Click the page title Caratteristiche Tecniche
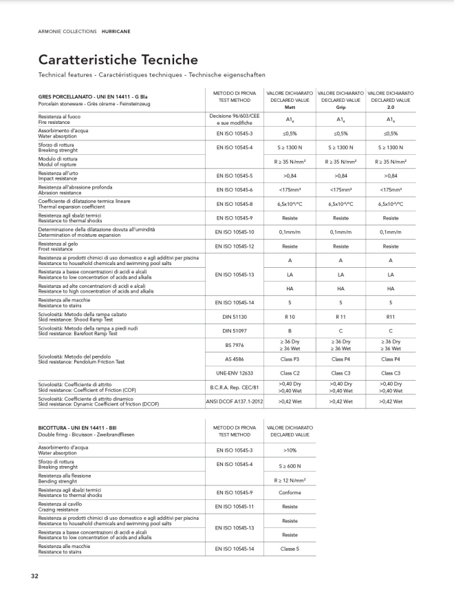(118, 61)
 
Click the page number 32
(34, 576)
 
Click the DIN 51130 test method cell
(235, 318)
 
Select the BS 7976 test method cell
(235, 344)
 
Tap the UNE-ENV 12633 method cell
(235, 372)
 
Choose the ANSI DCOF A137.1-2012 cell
(235, 401)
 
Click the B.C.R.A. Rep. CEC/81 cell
(235, 388)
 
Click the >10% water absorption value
(290, 450)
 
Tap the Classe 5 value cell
(290, 549)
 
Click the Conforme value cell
(290, 492)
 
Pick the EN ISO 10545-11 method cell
(235, 507)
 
